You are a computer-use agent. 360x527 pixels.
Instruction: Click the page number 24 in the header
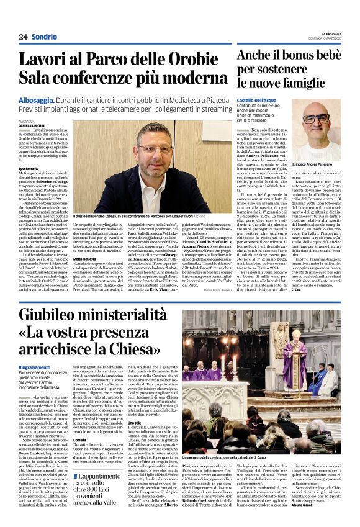(23, 37)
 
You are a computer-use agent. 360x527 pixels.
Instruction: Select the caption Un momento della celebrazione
(236, 458)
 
